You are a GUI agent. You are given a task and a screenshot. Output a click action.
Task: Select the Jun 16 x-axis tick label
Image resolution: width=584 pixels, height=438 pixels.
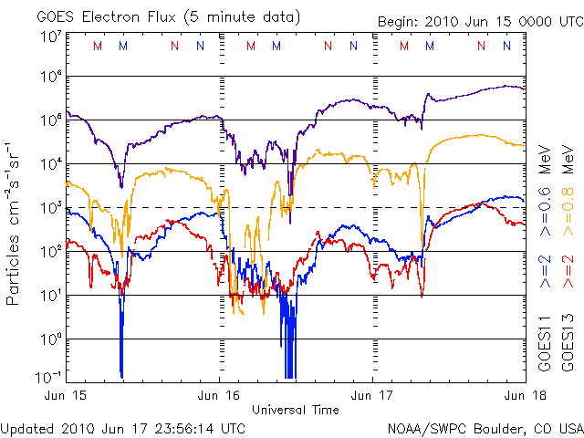coord(219,395)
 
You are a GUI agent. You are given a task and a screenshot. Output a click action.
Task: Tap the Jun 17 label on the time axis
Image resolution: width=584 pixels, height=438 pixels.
coord(372,395)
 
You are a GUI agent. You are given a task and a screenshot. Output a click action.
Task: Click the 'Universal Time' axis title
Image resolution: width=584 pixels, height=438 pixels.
coord(296,410)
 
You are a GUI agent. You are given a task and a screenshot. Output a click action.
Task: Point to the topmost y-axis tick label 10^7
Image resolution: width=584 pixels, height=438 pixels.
coord(50,36)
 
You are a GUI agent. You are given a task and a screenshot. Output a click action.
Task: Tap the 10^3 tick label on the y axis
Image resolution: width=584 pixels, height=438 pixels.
coord(50,207)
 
